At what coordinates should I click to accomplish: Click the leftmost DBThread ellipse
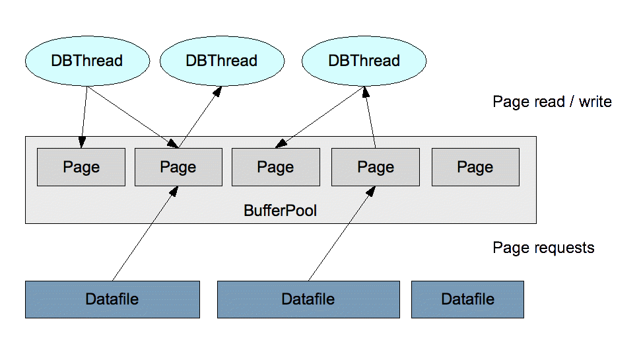(x=87, y=61)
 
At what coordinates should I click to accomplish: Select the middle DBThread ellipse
(x=222, y=61)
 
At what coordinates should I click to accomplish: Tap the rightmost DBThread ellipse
(x=364, y=61)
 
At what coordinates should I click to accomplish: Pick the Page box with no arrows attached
(x=475, y=167)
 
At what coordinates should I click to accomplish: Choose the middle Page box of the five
(x=276, y=167)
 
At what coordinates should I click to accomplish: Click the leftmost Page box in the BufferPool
(x=81, y=167)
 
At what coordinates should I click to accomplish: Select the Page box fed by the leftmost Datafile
(x=179, y=167)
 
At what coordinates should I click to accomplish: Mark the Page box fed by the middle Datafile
(x=375, y=167)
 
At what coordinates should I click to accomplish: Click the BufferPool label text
(x=280, y=211)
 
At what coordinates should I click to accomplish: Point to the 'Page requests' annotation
(x=543, y=248)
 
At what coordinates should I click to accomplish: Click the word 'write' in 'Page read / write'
(x=595, y=102)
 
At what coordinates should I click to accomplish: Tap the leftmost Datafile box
(x=112, y=299)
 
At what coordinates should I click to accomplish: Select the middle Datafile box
(x=308, y=299)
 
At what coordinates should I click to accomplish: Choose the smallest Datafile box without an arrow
(x=467, y=299)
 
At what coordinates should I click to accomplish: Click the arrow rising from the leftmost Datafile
(x=145, y=234)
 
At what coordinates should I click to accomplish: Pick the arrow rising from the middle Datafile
(x=342, y=234)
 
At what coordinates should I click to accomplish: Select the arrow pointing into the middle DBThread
(x=200, y=117)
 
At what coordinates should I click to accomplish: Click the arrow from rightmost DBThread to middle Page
(x=320, y=117)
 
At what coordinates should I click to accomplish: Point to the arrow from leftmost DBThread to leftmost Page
(x=84, y=117)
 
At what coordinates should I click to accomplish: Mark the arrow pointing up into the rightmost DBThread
(x=370, y=117)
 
